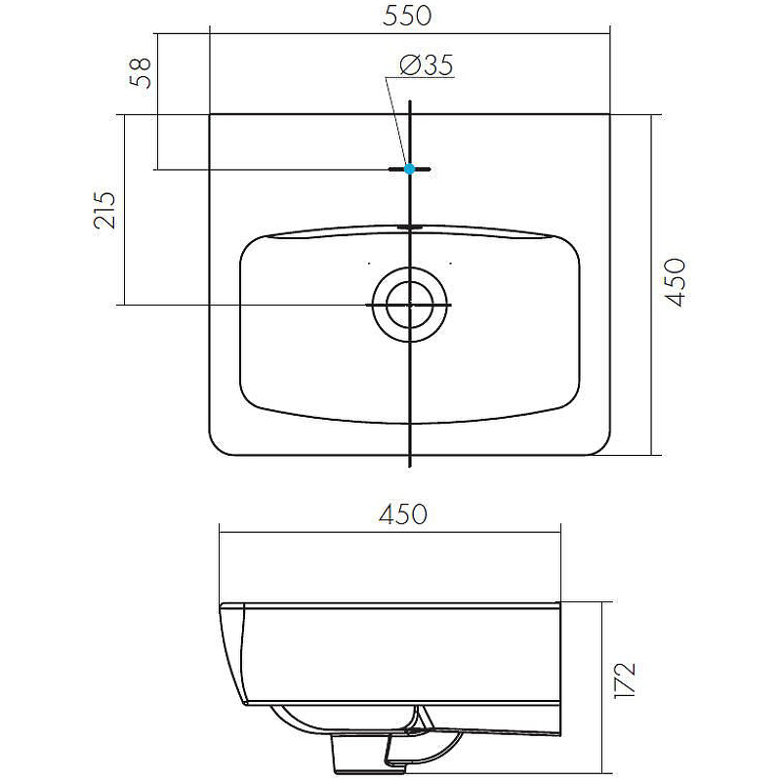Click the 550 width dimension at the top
coord(408,16)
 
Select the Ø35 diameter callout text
coord(427,65)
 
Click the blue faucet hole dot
coord(410,169)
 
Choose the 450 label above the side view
coord(403,514)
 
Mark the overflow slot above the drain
coord(410,226)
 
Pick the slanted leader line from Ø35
coord(396,122)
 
